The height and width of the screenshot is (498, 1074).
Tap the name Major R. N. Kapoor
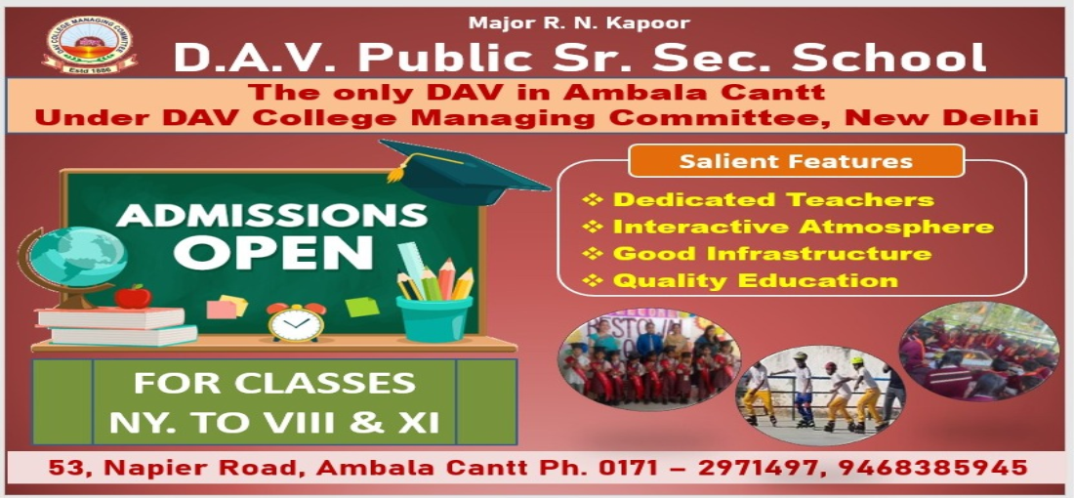pyautogui.click(x=580, y=21)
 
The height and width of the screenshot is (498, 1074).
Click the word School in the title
pyautogui.click(x=889, y=58)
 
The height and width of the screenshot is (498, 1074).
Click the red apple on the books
pyautogui.click(x=132, y=296)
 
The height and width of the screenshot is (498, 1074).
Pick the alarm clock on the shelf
pyautogui.click(x=296, y=321)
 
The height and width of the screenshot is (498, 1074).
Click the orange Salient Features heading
pyautogui.click(x=796, y=161)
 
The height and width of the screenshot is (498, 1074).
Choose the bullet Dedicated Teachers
pyautogui.click(x=771, y=200)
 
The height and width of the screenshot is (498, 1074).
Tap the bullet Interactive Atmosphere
pyautogui.click(x=802, y=228)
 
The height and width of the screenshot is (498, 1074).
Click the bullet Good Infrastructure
pyautogui.click(x=770, y=254)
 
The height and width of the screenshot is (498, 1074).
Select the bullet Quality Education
pyautogui.click(x=754, y=281)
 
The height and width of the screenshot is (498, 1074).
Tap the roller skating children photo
pyautogui.click(x=820, y=390)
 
